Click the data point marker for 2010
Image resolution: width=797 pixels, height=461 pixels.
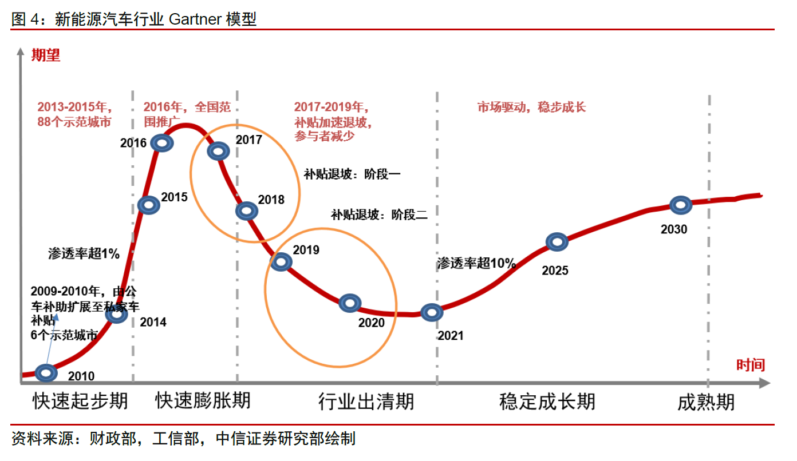click(x=46, y=373)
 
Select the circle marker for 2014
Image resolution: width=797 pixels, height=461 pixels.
click(x=117, y=314)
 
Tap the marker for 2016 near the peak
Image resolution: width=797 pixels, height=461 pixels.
click(x=163, y=143)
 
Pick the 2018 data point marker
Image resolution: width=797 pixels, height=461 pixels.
click(x=246, y=211)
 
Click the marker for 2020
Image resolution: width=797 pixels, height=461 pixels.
click(x=350, y=304)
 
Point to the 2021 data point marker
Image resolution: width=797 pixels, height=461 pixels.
click(x=432, y=312)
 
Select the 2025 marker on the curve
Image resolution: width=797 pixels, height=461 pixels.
click(x=557, y=242)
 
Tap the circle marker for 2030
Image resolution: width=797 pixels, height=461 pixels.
click(x=681, y=205)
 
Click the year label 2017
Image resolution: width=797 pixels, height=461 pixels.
click(x=248, y=140)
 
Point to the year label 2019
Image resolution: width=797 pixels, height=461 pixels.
click(x=306, y=250)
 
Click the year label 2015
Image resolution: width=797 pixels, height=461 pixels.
click(x=174, y=197)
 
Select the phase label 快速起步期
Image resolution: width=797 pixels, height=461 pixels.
click(x=80, y=401)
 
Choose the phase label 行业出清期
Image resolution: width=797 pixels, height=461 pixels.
click(x=366, y=402)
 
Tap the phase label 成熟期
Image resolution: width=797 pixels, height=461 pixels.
click(x=705, y=402)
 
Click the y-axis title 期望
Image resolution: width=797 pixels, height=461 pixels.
click(x=45, y=55)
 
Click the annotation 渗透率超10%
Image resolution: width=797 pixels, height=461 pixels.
click(x=476, y=263)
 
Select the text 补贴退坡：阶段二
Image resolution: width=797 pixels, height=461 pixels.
click(x=379, y=215)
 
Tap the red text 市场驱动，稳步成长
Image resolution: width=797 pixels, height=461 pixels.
click(x=531, y=107)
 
